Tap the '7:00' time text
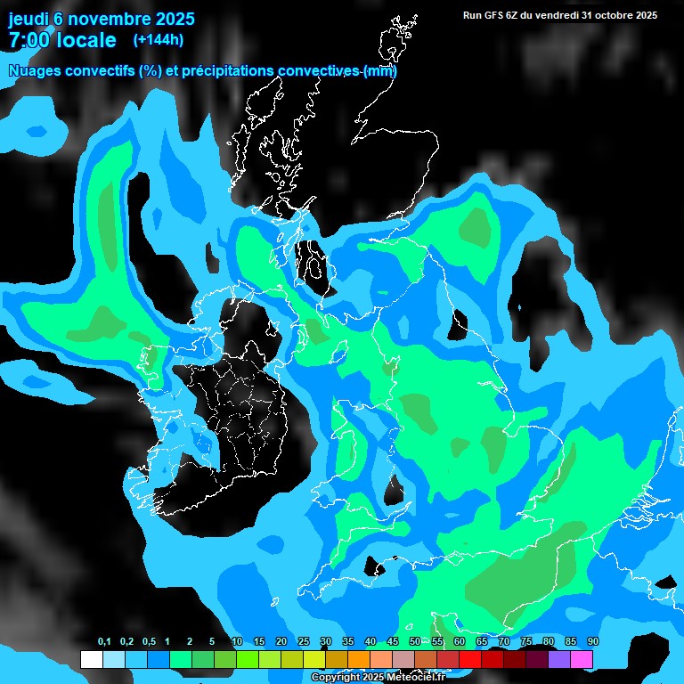pyautogui.click(x=28, y=40)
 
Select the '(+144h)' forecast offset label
pyautogui.click(x=158, y=39)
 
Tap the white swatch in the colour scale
pyautogui.click(x=91, y=660)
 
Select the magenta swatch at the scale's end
pyautogui.click(x=582, y=660)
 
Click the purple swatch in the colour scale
pyautogui.click(x=559, y=660)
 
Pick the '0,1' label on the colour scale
pyautogui.click(x=104, y=642)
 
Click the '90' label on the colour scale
pyautogui.click(x=592, y=642)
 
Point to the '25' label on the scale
pyautogui.click(x=304, y=642)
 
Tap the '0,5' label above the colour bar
pyautogui.click(x=149, y=642)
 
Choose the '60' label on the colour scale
pyautogui.click(x=459, y=642)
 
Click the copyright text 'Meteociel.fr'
pyautogui.click(x=416, y=678)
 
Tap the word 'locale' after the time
pyautogui.click(x=89, y=40)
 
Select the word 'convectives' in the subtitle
pyautogui.click(x=320, y=71)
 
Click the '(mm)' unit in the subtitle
pyautogui.click(x=380, y=71)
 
